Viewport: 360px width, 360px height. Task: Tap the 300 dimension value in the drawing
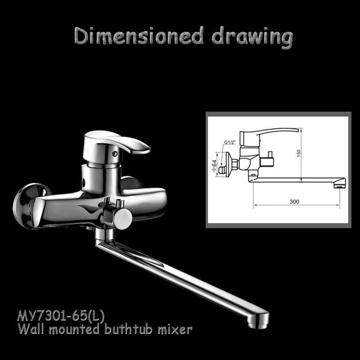click(294, 202)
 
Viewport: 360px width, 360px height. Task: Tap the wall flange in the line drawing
click(229, 164)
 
